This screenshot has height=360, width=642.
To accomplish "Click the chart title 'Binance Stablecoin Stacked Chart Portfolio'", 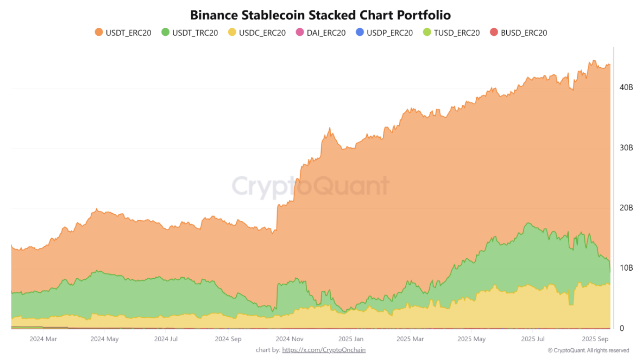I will coord(320,15).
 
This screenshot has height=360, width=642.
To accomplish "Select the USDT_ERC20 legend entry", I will coord(123,33).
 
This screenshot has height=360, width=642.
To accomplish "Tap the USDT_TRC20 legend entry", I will coord(190,33).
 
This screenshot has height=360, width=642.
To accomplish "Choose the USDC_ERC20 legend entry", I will coord(257,33).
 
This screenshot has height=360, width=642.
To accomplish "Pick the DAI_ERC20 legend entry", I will coord(321,33).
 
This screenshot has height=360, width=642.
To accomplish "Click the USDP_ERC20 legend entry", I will coord(384,33).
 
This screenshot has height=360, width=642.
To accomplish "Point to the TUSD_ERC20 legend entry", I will coord(451,33).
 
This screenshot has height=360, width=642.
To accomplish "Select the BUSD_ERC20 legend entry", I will coord(518,33).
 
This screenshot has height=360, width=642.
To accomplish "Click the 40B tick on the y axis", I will coord(626,87).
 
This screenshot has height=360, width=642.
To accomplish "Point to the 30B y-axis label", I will coord(626,148).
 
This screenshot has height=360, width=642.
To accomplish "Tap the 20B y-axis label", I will coord(626,208).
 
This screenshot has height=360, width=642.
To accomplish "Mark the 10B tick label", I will coord(626,268).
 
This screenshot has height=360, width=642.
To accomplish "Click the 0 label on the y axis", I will coord(622,328).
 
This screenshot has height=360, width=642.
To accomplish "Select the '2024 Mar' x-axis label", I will coord(43,339).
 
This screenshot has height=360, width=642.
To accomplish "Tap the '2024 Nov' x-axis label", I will coord(290,339).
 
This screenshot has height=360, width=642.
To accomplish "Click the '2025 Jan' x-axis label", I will coord(351,339).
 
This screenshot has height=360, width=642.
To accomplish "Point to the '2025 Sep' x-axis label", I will coord(595,339).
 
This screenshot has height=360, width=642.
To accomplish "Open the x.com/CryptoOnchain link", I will coord(324,350).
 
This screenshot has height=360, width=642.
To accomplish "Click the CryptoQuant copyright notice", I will coord(588,351).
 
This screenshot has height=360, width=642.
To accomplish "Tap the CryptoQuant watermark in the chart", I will coord(311,186).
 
